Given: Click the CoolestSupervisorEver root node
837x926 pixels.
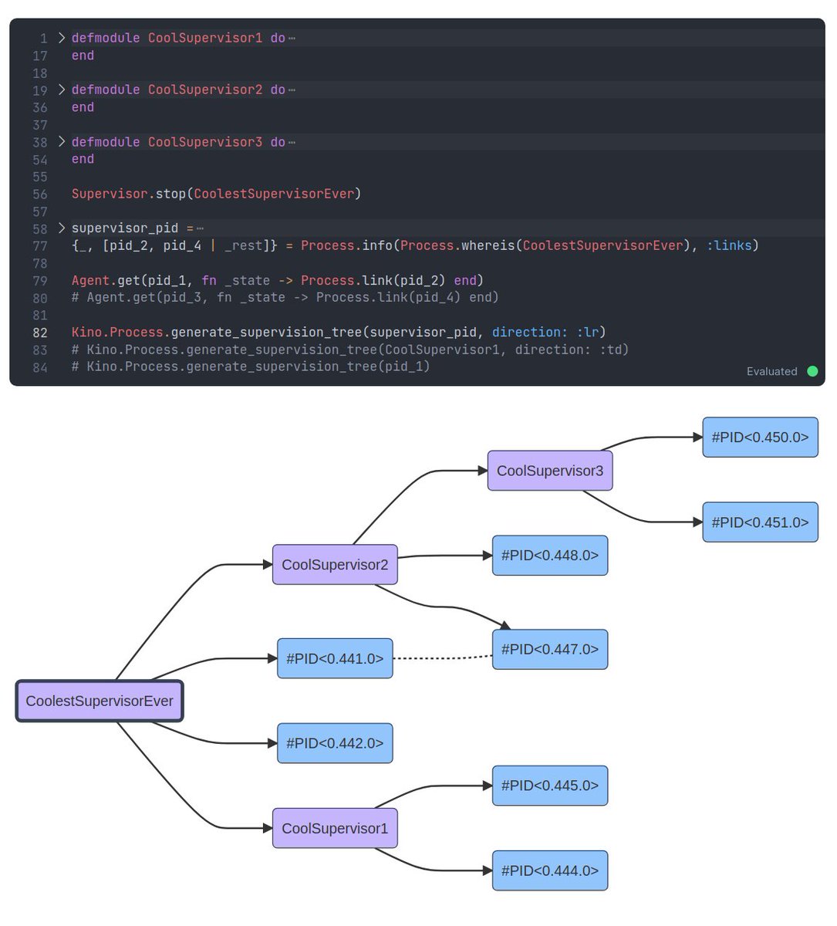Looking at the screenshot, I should pyautogui.click(x=100, y=701).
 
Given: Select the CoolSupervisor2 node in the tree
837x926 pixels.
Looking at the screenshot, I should pyautogui.click(x=335, y=564).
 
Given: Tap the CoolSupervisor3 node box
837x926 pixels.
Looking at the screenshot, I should pyautogui.click(x=549, y=471).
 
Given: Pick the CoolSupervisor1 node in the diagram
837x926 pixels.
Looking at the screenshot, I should pyautogui.click(x=335, y=828).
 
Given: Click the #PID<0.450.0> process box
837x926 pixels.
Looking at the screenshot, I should pyautogui.click(x=759, y=437).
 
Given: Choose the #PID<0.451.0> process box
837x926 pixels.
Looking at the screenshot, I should pyautogui.click(x=759, y=522).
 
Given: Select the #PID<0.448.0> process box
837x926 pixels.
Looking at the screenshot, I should pyautogui.click(x=549, y=555).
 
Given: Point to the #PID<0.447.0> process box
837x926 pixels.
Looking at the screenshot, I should pyautogui.click(x=549, y=649).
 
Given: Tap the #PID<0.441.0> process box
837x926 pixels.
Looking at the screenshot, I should pyautogui.click(x=335, y=658).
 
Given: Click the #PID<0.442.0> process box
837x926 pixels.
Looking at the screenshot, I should pyautogui.click(x=335, y=743).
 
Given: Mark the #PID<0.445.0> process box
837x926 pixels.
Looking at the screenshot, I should pyautogui.click(x=549, y=786).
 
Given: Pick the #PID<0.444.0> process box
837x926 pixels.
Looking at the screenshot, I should pyautogui.click(x=549, y=870).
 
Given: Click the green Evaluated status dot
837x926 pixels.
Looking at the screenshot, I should pyautogui.click(x=812, y=371).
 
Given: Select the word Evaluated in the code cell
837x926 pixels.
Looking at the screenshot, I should pyautogui.click(x=771, y=371).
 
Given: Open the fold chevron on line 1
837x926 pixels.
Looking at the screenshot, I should pyautogui.click(x=62, y=37).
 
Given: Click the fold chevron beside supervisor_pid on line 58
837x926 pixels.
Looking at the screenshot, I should pyautogui.click(x=62, y=228).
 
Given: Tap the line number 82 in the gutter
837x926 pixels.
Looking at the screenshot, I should pyautogui.click(x=40, y=333).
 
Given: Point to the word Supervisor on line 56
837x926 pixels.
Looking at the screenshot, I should pyautogui.click(x=109, y=194).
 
